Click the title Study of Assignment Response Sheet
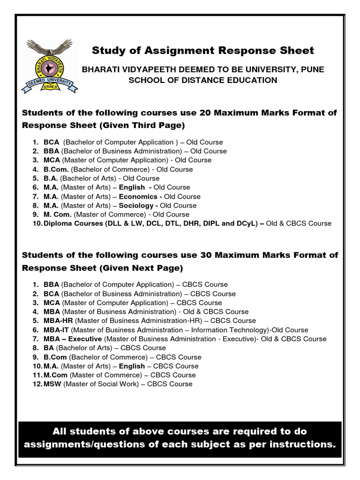[203, 50]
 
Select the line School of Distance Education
[203, 80]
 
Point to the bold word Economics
[138, 196]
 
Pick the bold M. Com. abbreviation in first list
[56, 214]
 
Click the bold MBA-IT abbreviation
[56, 330]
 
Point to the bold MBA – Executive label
[73, 339]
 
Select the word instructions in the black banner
[298, 443]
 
